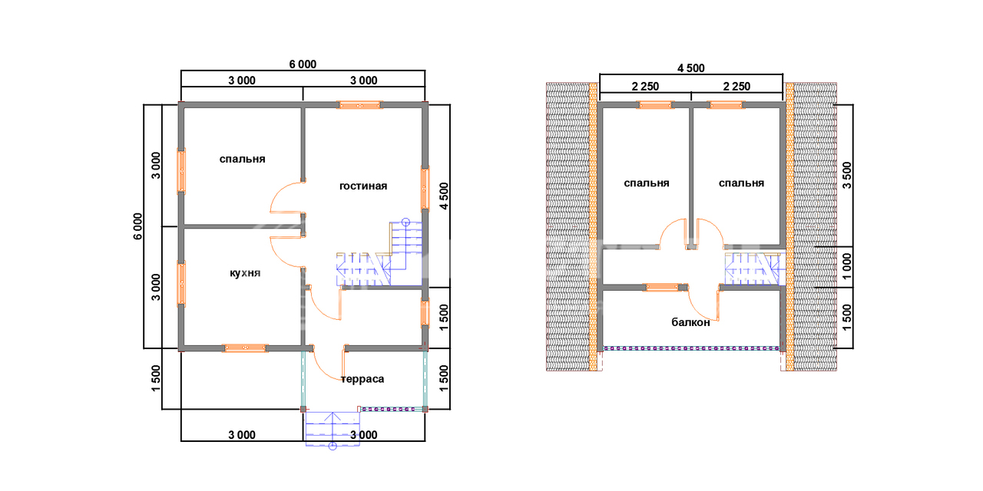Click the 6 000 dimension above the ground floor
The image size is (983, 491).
pyautogui.click(x=303, y=64)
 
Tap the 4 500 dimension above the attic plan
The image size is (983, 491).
pyautogui.click(x=690, y=68)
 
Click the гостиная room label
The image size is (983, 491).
pyautogui.click(x=363, y=186)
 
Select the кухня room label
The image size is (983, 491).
pyautogui.click(x=245, y=273)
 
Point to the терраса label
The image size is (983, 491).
pyautogui.click(x=362, y=379)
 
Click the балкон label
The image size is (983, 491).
pyautogui.click(x=690, y=323)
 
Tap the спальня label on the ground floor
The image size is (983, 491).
pyautogui.click(x=242, y=159)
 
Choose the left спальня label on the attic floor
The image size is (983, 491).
pyautogui.click(x=647, y=183)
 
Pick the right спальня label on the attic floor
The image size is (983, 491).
pyautogui.click(x=741, y=183)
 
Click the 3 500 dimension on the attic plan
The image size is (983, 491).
pyautogui.click(x=847, y=176)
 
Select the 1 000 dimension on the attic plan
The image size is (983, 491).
pyautogui.click(x=847, y=266)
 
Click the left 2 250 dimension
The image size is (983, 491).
pyautogui.click(x=645, y=87)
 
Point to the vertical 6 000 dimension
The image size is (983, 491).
pyautogui.click(x=137, y=226)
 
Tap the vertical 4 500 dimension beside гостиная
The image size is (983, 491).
pyautogui.click(x=444, y=196)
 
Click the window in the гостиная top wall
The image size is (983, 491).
pyautogui.click(x=359, y=105)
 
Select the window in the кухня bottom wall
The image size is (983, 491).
pyautogui.click(x=245, y=348)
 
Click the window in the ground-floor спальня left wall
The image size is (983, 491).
pyautogui.click(x=180, y=171)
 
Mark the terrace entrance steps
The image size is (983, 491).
pyautogui.click(x=333, y=429)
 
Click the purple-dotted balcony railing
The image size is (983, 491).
pyautogui.click(x=690, y=348)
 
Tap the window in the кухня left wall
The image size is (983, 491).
pyautogui.click(x=180, y=284)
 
